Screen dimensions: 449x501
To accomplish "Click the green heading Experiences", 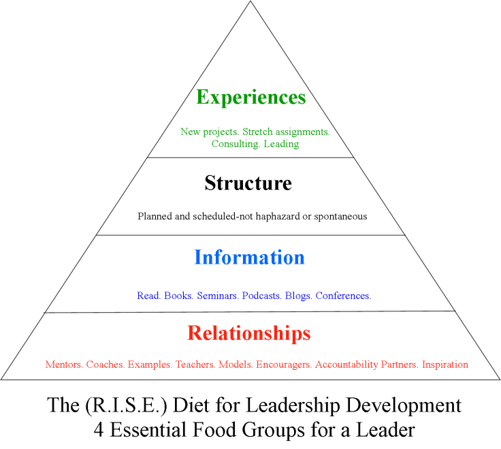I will (251, 97).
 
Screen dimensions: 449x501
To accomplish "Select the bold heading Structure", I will (248, 183).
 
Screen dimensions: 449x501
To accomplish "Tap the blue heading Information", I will (249, 258).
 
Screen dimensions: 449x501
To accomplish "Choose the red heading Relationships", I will (249, 333).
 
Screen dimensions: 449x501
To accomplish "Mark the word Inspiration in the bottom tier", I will (445, 364).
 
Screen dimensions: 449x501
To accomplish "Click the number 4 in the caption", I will (98, 430).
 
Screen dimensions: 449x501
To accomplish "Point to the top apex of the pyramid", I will (251, 2).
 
